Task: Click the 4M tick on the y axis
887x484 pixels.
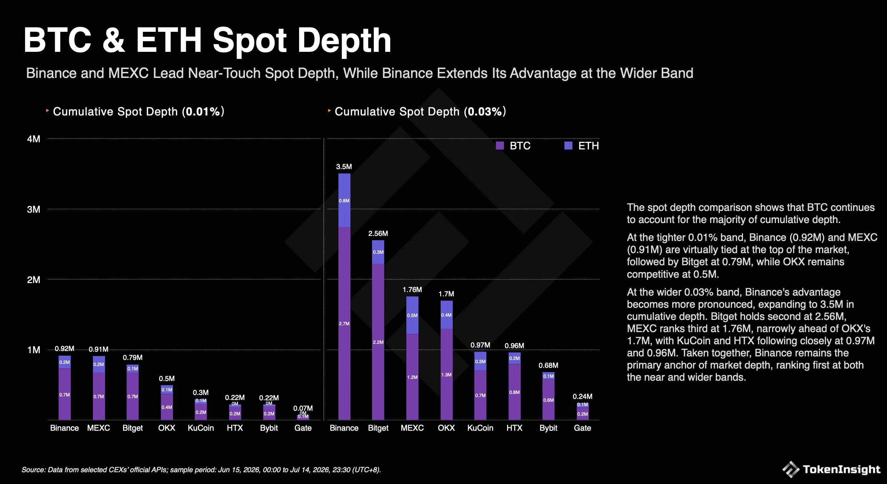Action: (34, 139)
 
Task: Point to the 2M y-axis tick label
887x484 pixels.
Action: (34, 280)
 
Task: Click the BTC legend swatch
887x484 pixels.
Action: (500, 145)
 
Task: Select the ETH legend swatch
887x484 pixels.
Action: (568, 145)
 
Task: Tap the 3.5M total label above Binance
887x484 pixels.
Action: (344, 167)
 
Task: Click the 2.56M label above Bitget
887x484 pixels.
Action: (378, 233)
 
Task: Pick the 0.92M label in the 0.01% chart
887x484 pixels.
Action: (64, 349)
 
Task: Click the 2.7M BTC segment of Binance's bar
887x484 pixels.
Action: (344, 323)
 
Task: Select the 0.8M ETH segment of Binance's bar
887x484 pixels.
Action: (344, 200)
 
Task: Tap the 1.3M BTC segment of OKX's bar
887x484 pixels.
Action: (446, 374)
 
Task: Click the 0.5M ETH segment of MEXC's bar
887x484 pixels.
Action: (412, 315)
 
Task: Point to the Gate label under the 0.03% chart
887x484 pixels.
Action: (583, 428)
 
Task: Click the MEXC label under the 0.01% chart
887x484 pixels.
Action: (99, 428)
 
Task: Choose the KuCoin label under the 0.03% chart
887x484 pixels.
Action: (480, 428)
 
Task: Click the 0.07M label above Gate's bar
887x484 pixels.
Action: (303, 408)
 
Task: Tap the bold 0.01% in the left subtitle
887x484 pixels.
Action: (203, 112)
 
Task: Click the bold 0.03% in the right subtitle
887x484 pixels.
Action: (485, 112)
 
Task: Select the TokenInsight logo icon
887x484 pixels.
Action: (791, 469)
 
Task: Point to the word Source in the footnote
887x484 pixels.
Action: (33, 470)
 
